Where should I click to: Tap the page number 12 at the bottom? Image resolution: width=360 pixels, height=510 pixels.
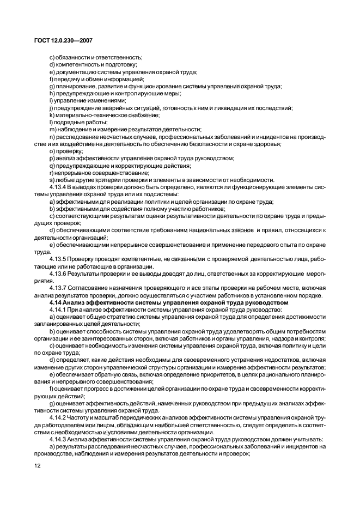pos(37,466)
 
